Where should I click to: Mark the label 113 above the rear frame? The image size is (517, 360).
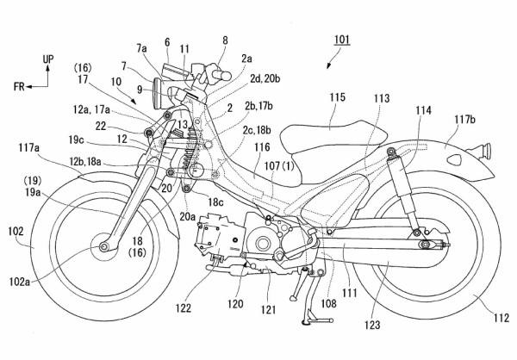coord(379,97)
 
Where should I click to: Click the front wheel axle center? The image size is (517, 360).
coord(104,248)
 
